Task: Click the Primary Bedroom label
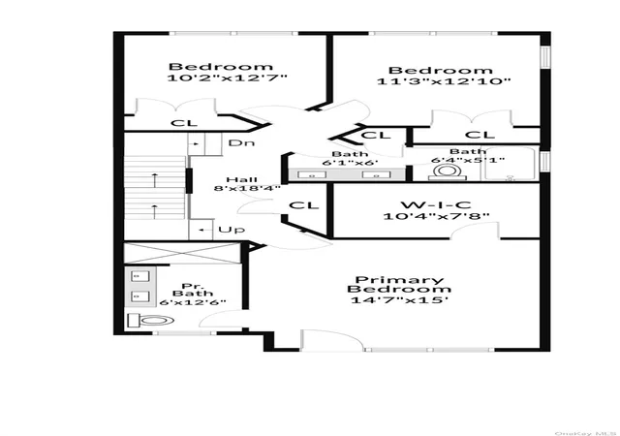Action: click(x=399, y=285)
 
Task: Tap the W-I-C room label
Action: click(x=436, y=205)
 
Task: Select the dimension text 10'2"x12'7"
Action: click(x=227, y=78)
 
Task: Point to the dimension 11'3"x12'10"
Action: click(x=444, y=81)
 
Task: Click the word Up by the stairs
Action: click(x=232, y=230)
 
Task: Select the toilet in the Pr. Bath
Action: click(x=151, y=320)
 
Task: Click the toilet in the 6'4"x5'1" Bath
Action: click(x=448, y=172)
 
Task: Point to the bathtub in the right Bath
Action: click(x=511, y=164)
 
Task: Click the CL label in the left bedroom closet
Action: click(x=184, y=123)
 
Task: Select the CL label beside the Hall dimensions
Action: click(x=303, y=205)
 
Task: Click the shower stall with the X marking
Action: click(x=182, y=253)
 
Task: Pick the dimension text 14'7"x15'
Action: click(x=399, y=300)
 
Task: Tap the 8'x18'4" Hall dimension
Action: click(x=247, y=188)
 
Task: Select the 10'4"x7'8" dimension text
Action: click(x=436, y=216)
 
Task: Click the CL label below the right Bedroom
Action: click(x=480, y=135)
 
